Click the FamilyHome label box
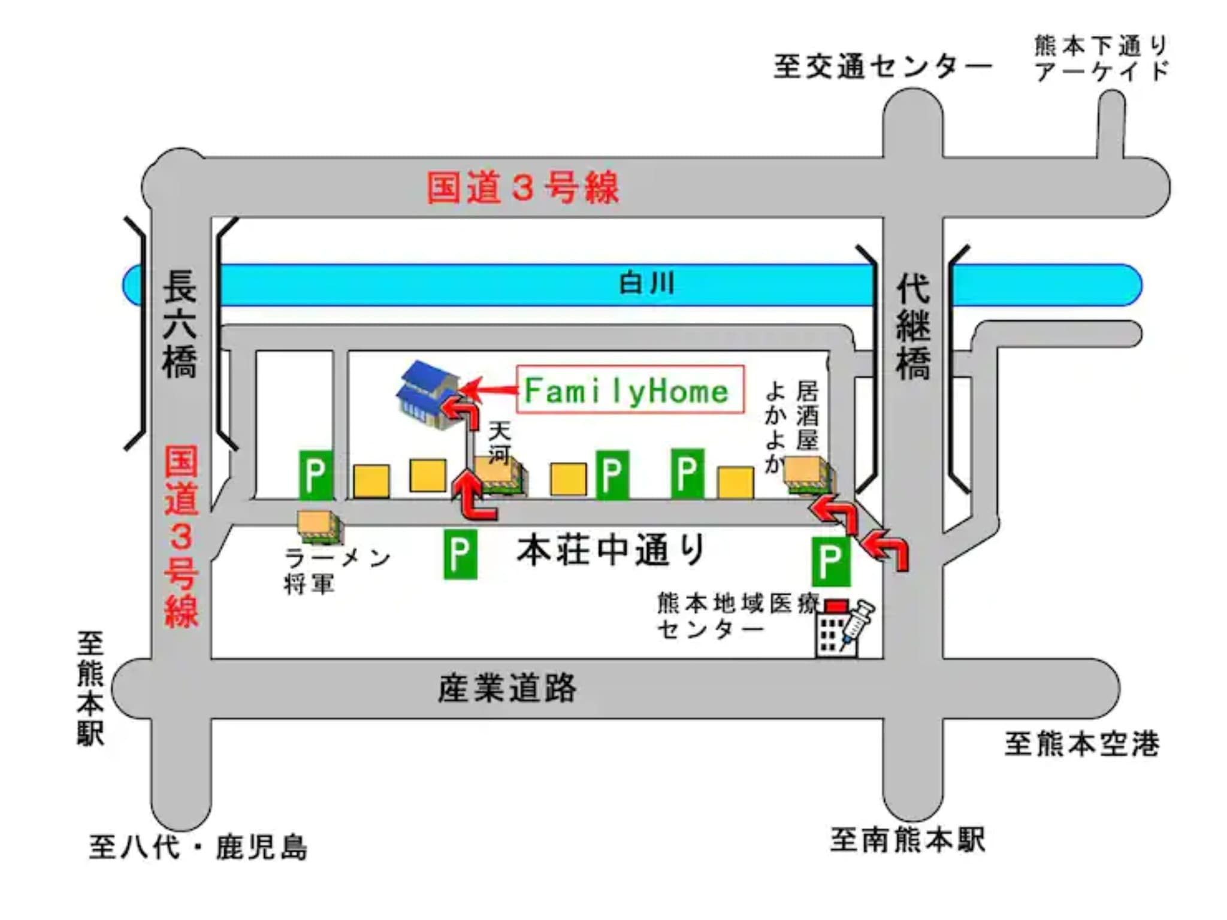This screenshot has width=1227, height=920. [x=630, y=389]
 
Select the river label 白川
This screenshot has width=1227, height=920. [x=646, y=283]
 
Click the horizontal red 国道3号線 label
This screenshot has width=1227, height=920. [x=522, y=187]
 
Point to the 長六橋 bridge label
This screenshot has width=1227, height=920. [x=180, y=324]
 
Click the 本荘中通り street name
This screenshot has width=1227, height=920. [x=611, y=550]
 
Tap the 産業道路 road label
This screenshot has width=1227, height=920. [x=507, y=688]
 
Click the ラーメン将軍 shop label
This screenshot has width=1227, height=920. [x=337, y=571]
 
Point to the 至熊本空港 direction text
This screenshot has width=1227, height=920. [x=1081, y=744]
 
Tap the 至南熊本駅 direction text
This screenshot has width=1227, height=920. [x=907, y=840]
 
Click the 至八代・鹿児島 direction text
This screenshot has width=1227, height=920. [x=198, y=847]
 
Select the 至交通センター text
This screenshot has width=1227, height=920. [x=883, y=66]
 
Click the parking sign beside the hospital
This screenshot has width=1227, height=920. [x=831, y=561]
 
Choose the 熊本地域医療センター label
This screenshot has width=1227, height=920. [x=738, y=616]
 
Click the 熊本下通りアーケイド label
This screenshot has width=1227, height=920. [x=1101, y=58]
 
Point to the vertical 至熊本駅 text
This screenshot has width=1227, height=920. [x=90, y=689]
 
